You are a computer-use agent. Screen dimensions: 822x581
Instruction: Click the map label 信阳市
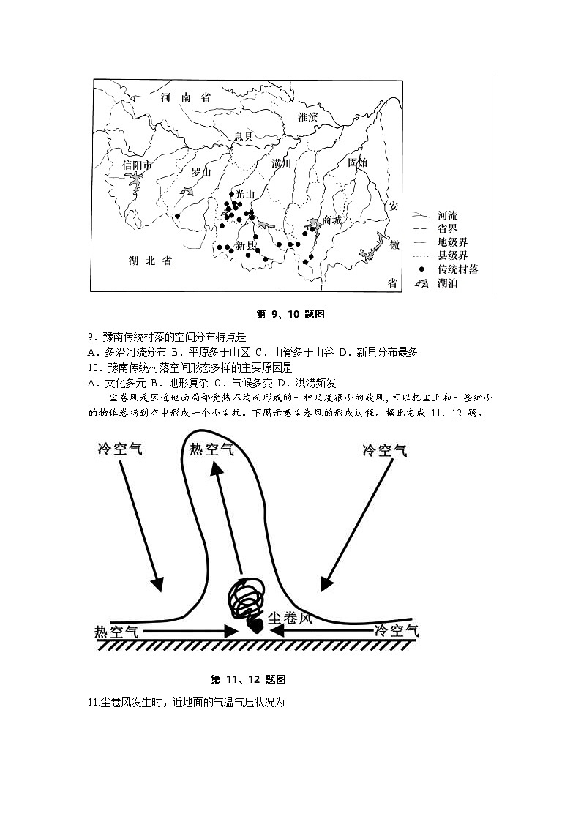[x=137, y=165]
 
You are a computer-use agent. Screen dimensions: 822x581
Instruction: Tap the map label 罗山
[x=200, y=173]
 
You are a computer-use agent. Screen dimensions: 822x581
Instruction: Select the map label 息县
[x=243, y=137]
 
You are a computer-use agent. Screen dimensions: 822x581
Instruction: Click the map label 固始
[x=358, y=162]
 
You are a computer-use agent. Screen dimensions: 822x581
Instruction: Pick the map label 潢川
[x=281, y=163]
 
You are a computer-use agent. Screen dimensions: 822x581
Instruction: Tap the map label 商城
[x=331, y=220]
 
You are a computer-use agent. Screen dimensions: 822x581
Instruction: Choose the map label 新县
[x=245, y=246]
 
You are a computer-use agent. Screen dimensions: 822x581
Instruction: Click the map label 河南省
[x=186, y=97]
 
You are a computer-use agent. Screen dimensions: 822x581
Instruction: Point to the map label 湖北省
[x=150, y=261]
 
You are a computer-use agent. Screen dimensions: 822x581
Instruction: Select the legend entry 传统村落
[x=457, y=269]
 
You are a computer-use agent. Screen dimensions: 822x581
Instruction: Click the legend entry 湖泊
[x=447, y=283]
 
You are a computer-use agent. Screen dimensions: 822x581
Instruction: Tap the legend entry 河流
[x=447, y=216]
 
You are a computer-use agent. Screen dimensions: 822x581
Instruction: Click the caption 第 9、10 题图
[x=290, y=315]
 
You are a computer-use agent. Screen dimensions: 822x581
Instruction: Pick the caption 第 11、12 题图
[x=248, y=679]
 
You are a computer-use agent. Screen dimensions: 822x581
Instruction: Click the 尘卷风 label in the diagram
[x=290, y=618]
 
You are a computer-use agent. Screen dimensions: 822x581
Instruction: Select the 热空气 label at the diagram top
[x=212, y=449]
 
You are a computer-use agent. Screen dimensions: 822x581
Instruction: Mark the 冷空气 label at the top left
[x=120, y=449]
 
